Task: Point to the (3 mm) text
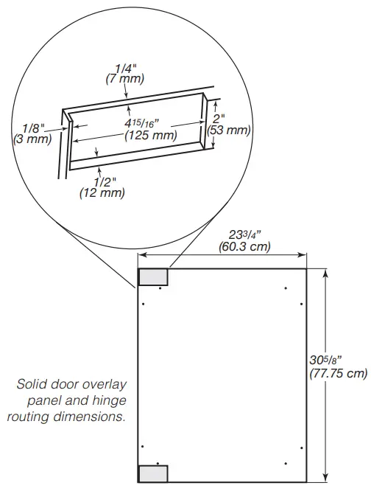tap(30, 139)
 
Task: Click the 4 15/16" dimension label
tap(138, 122)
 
